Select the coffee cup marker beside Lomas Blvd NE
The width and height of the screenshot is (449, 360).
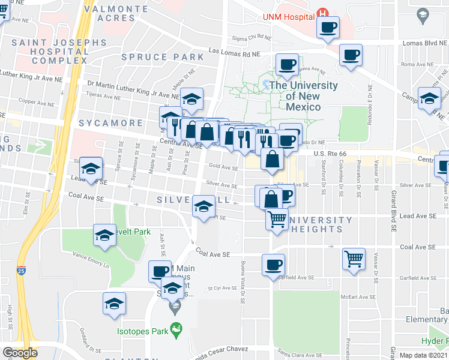point(351,56)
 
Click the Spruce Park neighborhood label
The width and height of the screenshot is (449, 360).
point(163,58)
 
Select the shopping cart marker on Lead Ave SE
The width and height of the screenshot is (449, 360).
point(277,220)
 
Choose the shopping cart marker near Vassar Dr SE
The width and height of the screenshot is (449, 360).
point(354,260)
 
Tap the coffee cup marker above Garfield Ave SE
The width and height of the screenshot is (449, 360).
point(273,265)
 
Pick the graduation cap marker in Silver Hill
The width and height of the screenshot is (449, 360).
point(203,208)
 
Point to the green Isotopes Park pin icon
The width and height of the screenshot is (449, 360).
point(175,329)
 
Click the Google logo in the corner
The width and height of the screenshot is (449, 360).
point(20,353)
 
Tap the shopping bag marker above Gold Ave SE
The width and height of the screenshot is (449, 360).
point(272,160)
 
